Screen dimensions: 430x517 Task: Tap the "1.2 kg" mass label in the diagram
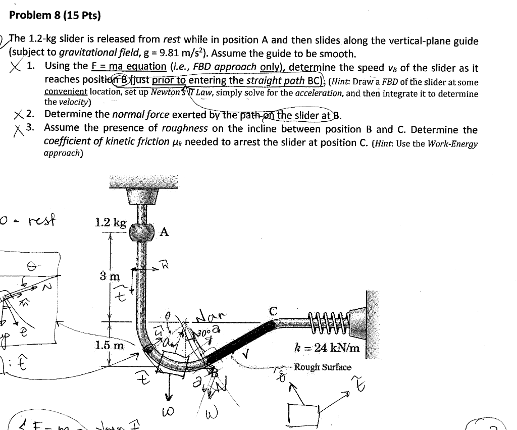tap(111, 222)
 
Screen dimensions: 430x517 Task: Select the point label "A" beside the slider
tap(164, 232)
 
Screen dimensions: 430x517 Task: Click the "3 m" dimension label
tap(110, 276)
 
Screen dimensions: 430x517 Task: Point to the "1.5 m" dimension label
tap(109, 346)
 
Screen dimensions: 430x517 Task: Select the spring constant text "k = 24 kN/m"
tap(327, 348)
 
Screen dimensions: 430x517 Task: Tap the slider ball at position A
tap(143, 232)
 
